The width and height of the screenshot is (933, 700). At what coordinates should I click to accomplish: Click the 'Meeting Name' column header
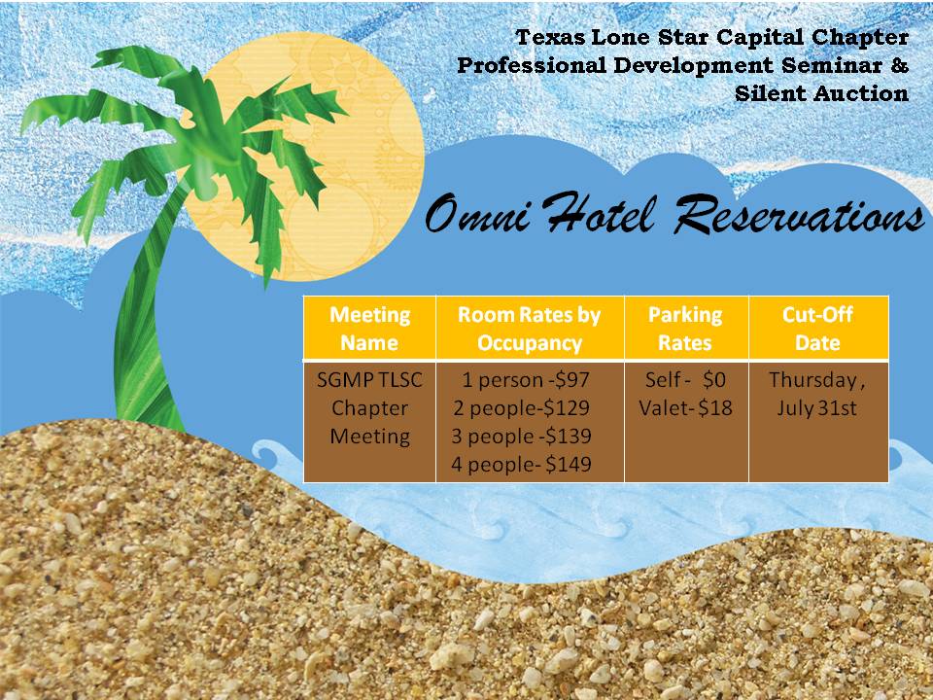point(369,328)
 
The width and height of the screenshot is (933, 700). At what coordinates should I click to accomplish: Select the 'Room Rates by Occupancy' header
point(529,328)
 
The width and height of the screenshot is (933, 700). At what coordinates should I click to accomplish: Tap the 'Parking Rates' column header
point(685,328)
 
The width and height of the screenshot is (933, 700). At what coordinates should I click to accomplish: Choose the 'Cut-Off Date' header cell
point(817,328)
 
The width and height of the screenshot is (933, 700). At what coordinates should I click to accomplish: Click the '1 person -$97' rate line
point(526,379)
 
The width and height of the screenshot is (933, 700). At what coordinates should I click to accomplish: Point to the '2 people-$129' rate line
point(521,407)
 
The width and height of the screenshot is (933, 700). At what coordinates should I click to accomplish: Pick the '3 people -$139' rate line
point(521,437)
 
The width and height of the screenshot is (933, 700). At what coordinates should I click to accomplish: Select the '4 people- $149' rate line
point(521,465)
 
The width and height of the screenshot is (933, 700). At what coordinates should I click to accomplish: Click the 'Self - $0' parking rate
point(685,379)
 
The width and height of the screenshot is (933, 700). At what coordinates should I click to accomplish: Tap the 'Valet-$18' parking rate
point(685,407)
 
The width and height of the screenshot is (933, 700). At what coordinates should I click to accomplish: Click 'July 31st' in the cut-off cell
point(816,407)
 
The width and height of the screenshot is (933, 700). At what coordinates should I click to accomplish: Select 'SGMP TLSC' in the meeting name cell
point(369,379)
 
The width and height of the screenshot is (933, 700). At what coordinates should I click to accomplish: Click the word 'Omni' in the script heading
point(477,214)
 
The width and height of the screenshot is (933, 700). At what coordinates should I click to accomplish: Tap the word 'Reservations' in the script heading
point(799,213)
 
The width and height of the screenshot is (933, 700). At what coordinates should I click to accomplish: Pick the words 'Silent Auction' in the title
point(821,93)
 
